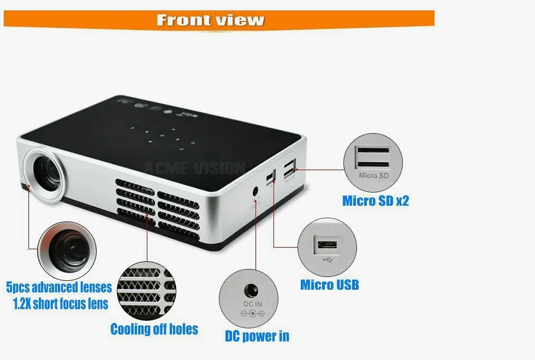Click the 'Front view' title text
(210, 20)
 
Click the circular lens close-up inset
(67, 251)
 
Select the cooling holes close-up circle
(146, 290)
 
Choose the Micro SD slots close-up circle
(373, 162)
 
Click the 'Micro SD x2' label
(376, 201)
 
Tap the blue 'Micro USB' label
(329, 285)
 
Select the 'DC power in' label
(257, 336)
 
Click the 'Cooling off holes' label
(154, 329)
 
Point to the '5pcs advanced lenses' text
(59, 287)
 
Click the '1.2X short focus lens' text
(61, 303)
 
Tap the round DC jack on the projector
(255, 191)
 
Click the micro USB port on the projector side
(270, 178)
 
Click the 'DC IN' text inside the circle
(252, 303)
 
